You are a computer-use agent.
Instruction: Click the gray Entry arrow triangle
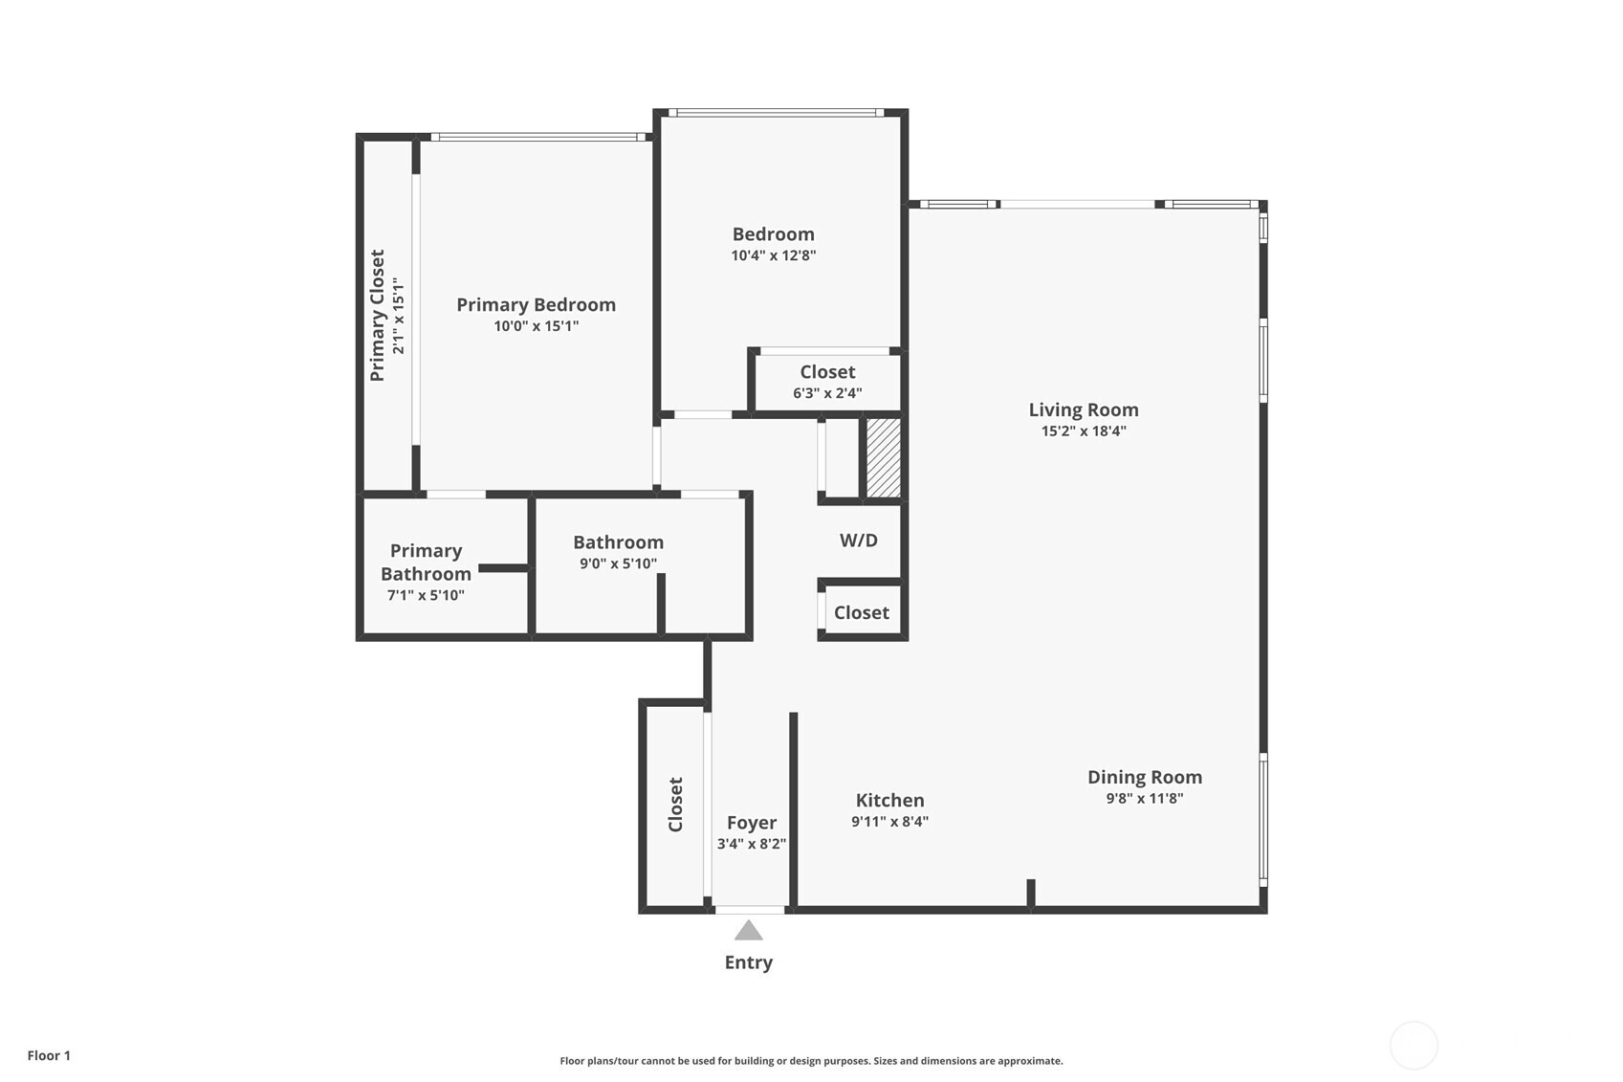coord(749,931)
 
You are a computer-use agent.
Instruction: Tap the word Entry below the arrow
coord(749,962)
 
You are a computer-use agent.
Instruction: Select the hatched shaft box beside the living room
coord(884,457)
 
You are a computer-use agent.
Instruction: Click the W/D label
coord(859,540)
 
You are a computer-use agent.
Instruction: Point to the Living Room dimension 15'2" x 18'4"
coord(1084,431)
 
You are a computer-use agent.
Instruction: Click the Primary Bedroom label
coord(537,305)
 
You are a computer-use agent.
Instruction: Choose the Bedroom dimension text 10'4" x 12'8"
coord(773,255)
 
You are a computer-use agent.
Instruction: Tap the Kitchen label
coord(889,800)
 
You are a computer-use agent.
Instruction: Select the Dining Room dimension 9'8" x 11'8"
coord(1144,799)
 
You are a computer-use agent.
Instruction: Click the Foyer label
coord(752,824)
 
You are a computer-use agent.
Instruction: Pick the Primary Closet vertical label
coord(378,316)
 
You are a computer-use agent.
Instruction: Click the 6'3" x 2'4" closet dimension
coord(827,393)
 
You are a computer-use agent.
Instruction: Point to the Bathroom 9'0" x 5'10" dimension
coord(618,563)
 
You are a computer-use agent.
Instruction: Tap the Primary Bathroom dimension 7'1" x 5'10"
coord(426,596)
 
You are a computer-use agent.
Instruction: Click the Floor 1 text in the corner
coord(50,1055)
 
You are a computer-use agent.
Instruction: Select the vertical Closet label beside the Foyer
coord(675,805)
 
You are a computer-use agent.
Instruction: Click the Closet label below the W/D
coord(862,612)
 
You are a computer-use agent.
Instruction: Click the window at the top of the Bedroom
coord(776,112)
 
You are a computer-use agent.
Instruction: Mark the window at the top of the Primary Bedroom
coord(537,137)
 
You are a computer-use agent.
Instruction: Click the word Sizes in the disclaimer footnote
coord(888,1061)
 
